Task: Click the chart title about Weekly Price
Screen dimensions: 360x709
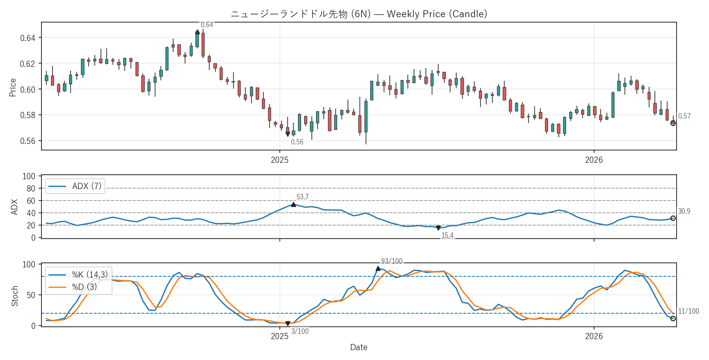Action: click(359, 14)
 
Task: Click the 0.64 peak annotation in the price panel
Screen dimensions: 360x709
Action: click(207, 25)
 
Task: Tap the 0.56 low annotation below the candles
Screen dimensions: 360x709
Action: click(297, 142)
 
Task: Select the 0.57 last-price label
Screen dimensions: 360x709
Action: click(684, 116)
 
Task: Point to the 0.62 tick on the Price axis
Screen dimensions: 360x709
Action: click(28, 64)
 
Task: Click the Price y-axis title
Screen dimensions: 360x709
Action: click(13, 87)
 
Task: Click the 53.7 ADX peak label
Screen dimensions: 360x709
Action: click(302, 197)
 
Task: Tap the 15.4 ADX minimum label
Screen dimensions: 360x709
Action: click(447, 235)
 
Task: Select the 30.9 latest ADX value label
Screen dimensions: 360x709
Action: click(684, 212)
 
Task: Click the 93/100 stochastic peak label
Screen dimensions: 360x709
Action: click(391, 261)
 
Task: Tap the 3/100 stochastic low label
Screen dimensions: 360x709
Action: click(300, 331)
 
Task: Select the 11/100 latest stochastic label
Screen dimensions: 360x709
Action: click(688, 312)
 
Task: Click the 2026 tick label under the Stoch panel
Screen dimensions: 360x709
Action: click(594, 336)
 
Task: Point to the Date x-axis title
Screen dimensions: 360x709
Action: click(359, 347)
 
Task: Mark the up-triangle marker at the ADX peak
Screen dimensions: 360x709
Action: click(293, 204)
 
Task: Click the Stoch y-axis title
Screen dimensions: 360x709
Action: click(15, 296)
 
